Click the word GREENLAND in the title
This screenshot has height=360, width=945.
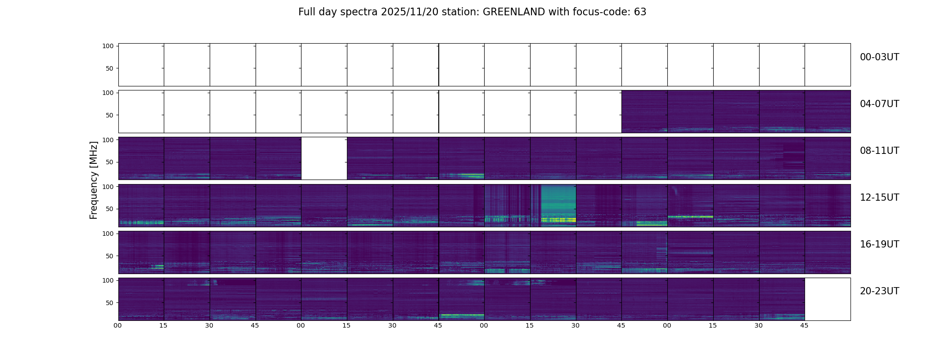pos(514,12)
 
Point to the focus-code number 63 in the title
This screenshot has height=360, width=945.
pos(640,12)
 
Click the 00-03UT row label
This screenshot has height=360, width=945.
pos(879,57)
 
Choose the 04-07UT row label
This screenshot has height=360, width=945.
pos(879,104)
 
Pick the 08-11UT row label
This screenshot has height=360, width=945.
pos(879,151)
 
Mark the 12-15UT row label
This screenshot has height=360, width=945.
pos(879,198)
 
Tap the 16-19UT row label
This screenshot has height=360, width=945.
pos(879,244)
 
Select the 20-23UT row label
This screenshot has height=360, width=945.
pos(879,291)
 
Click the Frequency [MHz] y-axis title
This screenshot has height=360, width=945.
pos(94,180)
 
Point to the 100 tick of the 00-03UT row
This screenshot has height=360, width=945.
pos(108,46)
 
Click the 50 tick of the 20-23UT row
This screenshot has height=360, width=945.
pos(110,303)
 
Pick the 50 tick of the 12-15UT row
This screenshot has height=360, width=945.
pos(110,209)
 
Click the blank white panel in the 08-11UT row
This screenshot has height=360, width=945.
pos(324,158)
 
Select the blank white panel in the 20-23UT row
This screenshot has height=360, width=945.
pos(828,299)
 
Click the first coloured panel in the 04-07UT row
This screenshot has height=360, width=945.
pos(644,112)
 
